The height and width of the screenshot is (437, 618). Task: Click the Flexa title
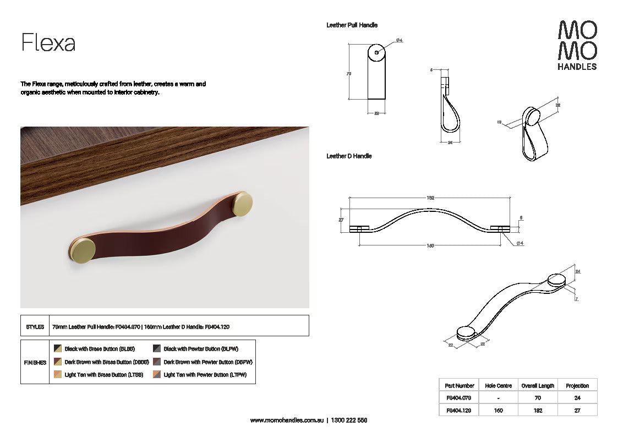[x=48, y=42]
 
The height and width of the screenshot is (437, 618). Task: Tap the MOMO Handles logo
[x=577, y=45]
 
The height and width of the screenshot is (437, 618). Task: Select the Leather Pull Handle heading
[x=352, y=25]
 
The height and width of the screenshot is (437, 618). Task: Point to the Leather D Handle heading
[x=349, y=156]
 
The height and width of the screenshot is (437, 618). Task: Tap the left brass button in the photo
[x=83, y=250]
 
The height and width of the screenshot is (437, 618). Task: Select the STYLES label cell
[x=35, y=326]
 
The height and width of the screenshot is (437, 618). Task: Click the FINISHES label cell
[x=35, y=363]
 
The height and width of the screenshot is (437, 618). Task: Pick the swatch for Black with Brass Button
[x=58, y=348]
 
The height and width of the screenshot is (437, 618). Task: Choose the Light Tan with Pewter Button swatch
[x=157, y=375]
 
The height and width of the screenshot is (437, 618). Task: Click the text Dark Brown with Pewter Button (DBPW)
[x=207, y=362]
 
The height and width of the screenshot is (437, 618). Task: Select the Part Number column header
[x=459, y=386]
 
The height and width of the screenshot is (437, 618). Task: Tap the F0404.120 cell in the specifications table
[x=459, y=410]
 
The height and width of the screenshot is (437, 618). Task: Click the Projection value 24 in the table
[x=577, y=398]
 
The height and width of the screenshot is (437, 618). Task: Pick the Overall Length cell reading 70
[x=538, y=398]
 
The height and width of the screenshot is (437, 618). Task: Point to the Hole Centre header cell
[x=498, y=386]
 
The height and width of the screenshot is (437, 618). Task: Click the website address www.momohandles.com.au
[x=286, y=420]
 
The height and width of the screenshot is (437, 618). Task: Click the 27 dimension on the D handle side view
[x=341, y=220]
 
